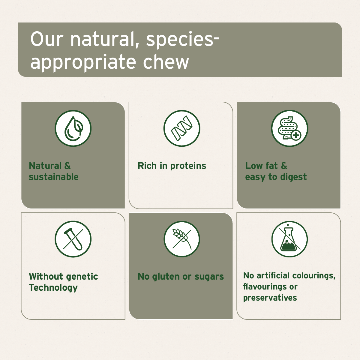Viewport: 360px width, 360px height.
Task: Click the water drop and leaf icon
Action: [73, 128]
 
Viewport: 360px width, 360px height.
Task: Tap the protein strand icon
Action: [182, 128]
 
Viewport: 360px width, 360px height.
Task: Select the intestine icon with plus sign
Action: [289, 128]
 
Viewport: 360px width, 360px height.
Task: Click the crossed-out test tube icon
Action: [73, 239]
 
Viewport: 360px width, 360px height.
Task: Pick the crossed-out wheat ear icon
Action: [182, 239]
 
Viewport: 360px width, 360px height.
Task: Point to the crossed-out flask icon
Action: [289, 239]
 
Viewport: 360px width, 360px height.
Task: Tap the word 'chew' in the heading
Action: [166, 62]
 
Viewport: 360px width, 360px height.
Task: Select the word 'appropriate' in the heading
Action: [83, 63]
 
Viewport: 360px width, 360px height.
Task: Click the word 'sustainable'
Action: [54, 177]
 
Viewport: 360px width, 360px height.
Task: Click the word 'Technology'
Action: [53, 288]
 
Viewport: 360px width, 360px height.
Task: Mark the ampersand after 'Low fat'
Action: [284, 166]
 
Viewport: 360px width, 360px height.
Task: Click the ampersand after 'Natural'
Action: [67, 166]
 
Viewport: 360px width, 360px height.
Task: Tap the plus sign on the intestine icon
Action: [296, 135]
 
